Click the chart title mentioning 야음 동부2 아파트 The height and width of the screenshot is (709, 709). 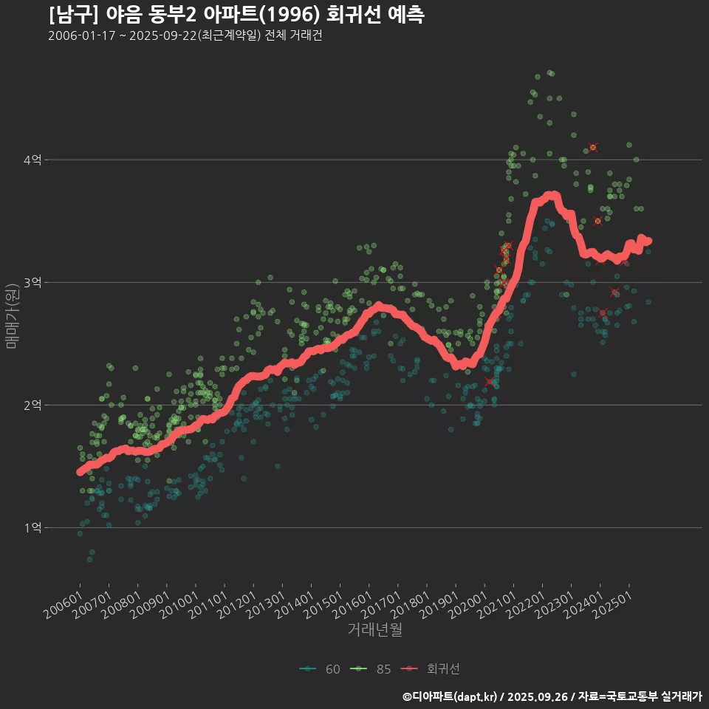236,15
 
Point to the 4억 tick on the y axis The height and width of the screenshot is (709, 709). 32,160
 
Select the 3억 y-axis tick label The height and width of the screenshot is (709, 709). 32,282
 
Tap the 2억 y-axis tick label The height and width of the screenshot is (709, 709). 32,405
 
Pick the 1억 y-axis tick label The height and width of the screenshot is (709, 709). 32,527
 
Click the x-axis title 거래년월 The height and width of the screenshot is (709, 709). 374,630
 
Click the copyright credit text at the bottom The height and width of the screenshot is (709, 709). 552,696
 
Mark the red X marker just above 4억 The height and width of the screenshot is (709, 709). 592,148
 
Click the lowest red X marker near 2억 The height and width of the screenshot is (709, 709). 490,381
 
